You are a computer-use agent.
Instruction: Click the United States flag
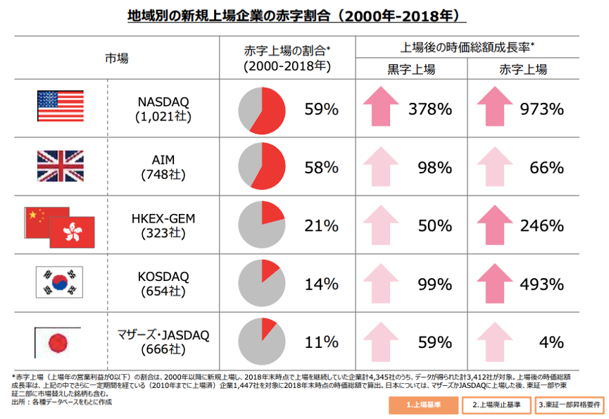click(x=60, y=108)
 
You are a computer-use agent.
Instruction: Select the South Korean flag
click(x=60, y=283)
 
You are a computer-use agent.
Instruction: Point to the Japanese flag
click(x=58, y=342)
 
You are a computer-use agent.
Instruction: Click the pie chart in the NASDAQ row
click(x=262, y=110)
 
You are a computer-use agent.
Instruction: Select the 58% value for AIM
click(x=322, y=168)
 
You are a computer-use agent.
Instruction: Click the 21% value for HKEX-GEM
click(x=322, y=226)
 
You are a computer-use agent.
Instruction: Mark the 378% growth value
click(x=429, y=109)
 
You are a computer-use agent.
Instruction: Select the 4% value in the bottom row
click(x=552, y=343)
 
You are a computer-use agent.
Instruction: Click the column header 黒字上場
click(x=411, y=69)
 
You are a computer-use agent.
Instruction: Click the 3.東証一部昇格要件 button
click(x=570, y=406)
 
